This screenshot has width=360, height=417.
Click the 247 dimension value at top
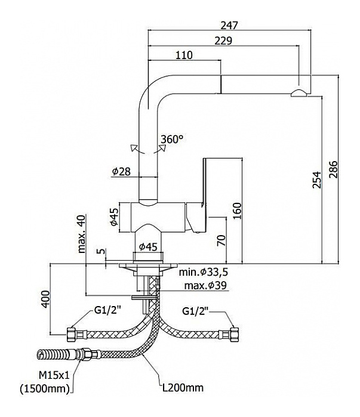pyautogui.click(x=229, y=25)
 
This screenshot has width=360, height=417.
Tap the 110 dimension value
pyautogui.click(x=184, y=55)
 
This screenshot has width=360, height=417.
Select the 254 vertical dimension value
pyautogui.click(x=316, y=178)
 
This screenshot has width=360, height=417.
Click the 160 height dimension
pyautogui.click(x=237, y=210)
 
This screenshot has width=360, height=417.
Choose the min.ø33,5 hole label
pyautogui.click(x=202, y=272)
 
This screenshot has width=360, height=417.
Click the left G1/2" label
pyautogui.click(x=106, y=311)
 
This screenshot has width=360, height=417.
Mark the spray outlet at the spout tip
pyautogui.click(x=299, y=92)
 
